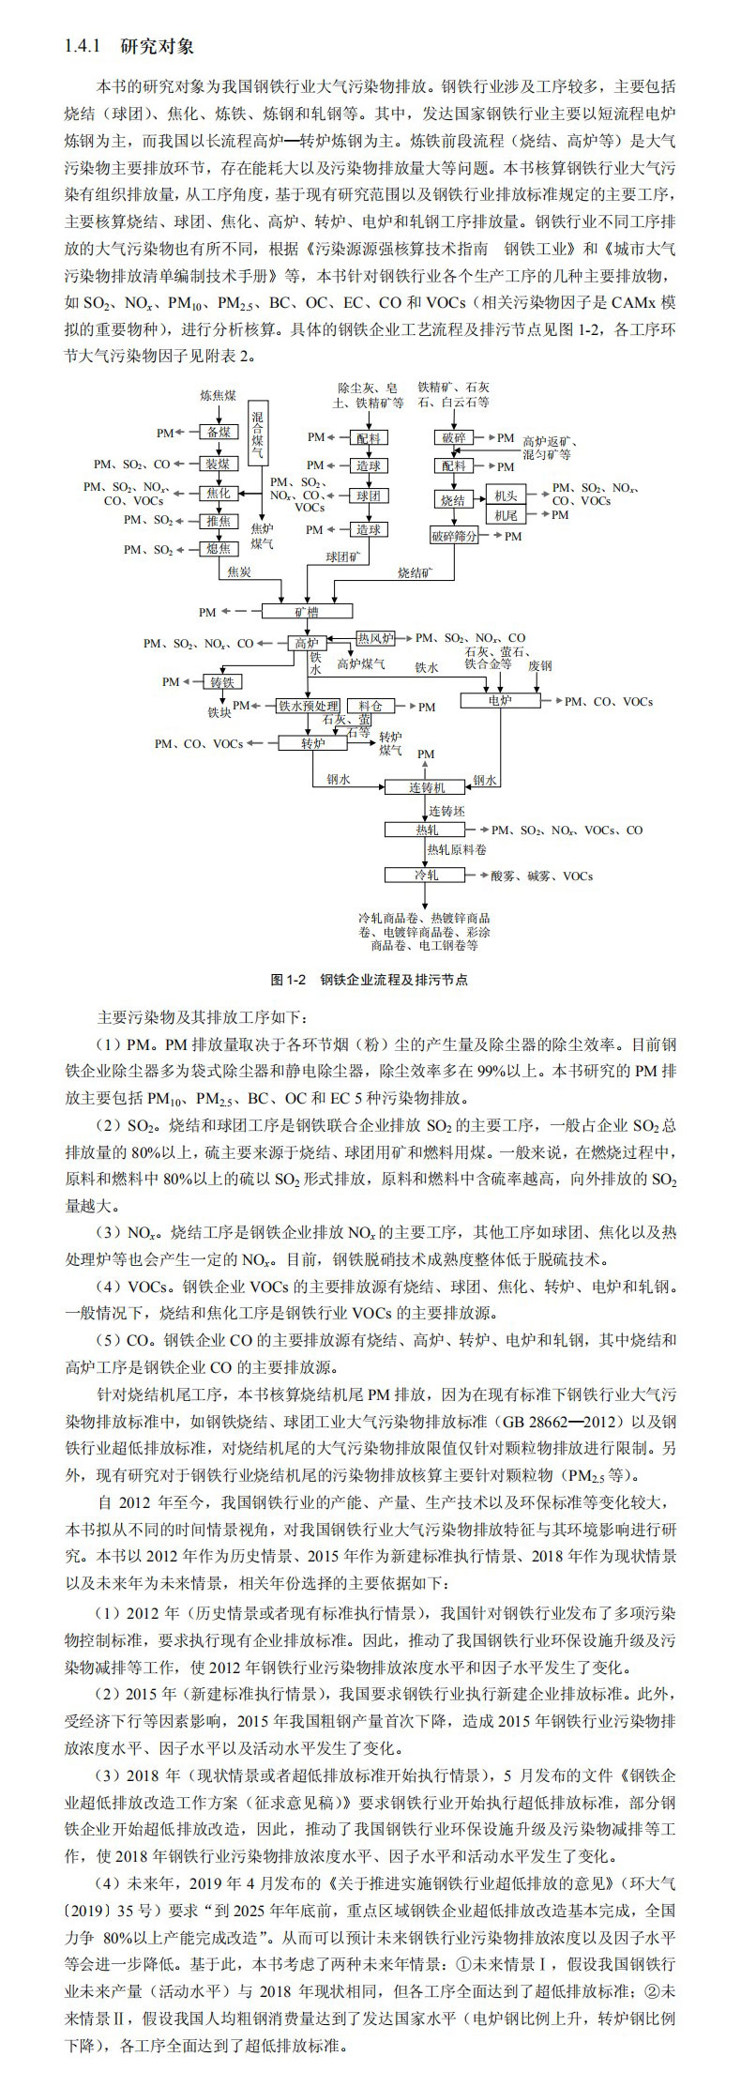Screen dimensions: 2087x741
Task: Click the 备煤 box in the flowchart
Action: click(x=219, y=433)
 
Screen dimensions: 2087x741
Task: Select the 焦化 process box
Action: click(x=219, y=492)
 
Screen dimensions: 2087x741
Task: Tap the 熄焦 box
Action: click(x=219, y=549)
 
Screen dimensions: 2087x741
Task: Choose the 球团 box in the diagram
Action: click(x=368, y=495)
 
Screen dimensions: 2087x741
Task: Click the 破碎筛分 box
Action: click(x=454, y=536)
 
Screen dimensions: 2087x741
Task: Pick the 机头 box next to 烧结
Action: click(x=506, y=495)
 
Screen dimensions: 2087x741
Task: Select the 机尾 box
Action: click(x=506, y=515)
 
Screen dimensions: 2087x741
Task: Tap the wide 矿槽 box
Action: click(x=307, y=611)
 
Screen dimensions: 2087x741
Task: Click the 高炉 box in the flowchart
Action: click(x=307, y=644)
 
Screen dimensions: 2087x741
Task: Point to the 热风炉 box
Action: click(x=376, y=638)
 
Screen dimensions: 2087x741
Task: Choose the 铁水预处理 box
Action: click(x=309, y=706)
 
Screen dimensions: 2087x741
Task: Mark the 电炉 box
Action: click(x=500, y=700)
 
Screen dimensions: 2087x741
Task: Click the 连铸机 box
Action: click(x=425, y=787)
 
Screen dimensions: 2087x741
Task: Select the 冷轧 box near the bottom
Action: click(x=426, y=875)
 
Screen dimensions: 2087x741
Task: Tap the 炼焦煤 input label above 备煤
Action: click(x=218, y=395)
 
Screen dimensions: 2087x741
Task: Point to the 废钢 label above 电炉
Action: click(x=539, y=665)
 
